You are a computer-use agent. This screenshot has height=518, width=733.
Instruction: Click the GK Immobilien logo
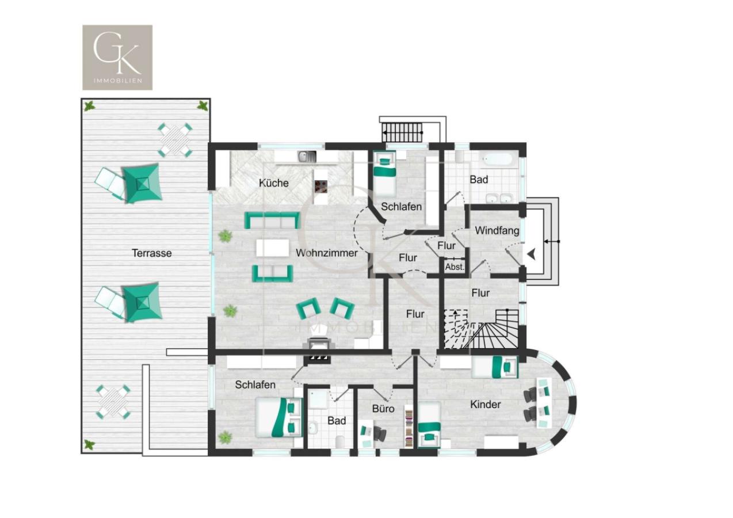coord(117,57)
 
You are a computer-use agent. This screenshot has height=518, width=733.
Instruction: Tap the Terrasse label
coord(151,253)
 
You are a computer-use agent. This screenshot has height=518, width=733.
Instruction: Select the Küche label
coord(273,183)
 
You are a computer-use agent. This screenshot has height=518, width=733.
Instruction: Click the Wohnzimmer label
coord(326,253)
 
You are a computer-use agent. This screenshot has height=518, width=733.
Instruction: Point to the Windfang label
coord(497,231)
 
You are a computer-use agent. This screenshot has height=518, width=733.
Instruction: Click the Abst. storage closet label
coord(455,267)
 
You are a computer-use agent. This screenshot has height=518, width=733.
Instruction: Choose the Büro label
coord(383,409)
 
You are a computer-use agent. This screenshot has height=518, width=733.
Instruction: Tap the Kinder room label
coord(485,405)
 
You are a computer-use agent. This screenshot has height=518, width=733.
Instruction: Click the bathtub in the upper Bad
coord(498,158)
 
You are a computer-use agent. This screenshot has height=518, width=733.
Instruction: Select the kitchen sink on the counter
coord(307,155)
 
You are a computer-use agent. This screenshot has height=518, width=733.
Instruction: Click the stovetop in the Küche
coord(321,186)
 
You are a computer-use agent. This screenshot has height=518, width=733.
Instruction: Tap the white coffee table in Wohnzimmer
coord(272,248)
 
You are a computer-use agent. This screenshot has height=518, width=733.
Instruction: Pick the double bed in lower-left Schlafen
coord(279,417)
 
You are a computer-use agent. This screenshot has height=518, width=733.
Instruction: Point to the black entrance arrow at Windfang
coord(530,253)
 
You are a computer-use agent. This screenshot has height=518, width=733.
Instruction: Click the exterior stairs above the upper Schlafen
coord(403,131)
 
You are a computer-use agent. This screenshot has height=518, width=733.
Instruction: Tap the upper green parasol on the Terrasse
coord(142,183)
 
